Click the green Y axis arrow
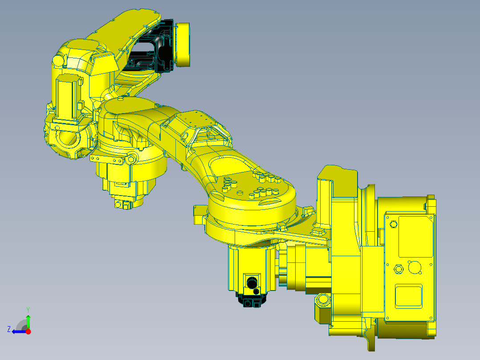[x=28, y=320]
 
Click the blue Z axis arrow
[x=18, y=331]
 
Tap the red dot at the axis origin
[x=28, y=331]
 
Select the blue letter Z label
[x=9, y=329]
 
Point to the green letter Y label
[x=28, y=309]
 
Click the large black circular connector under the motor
[x=252, y=282]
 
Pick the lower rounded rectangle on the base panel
[x=409, y=296]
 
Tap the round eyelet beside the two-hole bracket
[x=130, y=159]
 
